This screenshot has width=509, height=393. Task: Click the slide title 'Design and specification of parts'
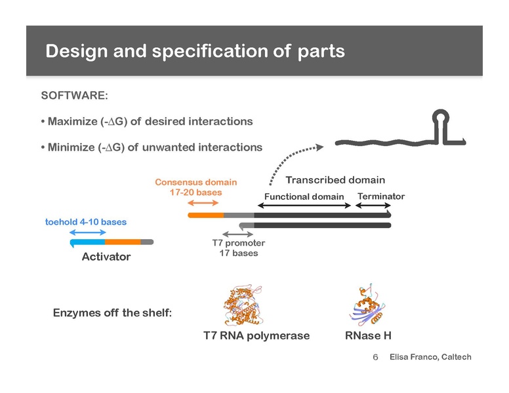(x=195, y=51)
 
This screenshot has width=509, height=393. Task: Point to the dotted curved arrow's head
(x=319, y=147)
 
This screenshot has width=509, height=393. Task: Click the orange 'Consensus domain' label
(x=195, y=182)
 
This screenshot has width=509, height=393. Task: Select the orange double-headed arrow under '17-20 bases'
(x=203, y=203)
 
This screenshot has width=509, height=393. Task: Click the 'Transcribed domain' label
(x=335, y=180)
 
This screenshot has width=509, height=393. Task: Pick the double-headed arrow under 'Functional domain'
(x=304, y=205)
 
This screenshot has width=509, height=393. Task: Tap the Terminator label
(x=381, y=196)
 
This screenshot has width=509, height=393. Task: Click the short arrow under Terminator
(x=373, y=205)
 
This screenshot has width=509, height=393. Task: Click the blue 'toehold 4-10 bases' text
(x=86, y=222)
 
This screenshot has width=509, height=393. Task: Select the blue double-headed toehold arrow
(x=88, y=232)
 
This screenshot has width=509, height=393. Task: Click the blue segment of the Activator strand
(x=88, y=242)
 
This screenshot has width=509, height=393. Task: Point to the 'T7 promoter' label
(x=239, y=243)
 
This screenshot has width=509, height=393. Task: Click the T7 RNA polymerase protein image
(x=243, y=305)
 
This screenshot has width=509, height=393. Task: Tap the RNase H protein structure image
(x=367, y=304)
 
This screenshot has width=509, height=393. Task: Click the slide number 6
(x=375, y=357)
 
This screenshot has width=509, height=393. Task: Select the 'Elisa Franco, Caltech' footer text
(x=430, y=357)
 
